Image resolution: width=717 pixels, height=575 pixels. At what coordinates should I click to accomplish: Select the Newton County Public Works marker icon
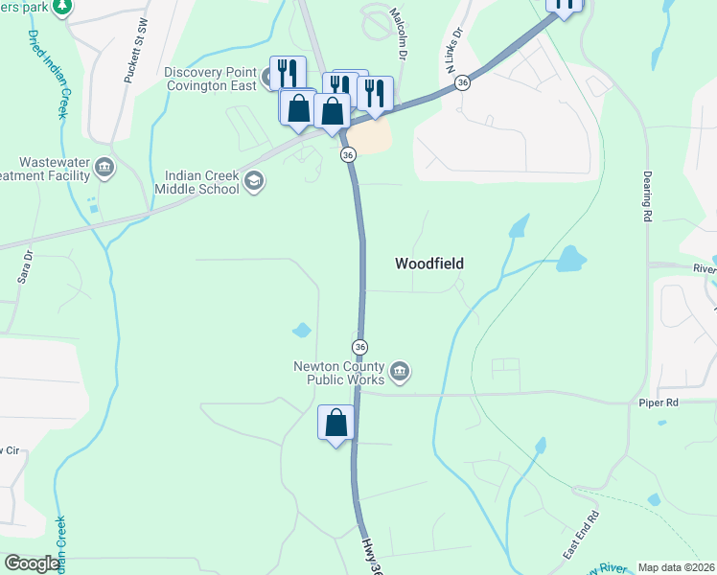(401, 370)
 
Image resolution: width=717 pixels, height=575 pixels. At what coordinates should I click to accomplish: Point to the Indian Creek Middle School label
(201, 182)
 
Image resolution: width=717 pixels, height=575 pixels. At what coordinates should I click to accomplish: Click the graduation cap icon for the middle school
(254, 181)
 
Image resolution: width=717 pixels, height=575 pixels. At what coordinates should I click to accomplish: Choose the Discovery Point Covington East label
(210, 79)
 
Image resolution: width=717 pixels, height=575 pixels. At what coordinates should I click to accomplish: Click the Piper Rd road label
(659, 403)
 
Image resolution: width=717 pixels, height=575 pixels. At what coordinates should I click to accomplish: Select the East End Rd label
(581, 536)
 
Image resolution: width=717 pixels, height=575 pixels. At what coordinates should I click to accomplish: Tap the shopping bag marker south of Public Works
(336, 424)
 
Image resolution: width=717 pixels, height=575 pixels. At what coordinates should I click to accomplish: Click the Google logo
(32, 563)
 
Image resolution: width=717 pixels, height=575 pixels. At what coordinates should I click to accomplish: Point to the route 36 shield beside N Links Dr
(463, 83)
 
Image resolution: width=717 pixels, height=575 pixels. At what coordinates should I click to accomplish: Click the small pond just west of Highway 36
(302, 331)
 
